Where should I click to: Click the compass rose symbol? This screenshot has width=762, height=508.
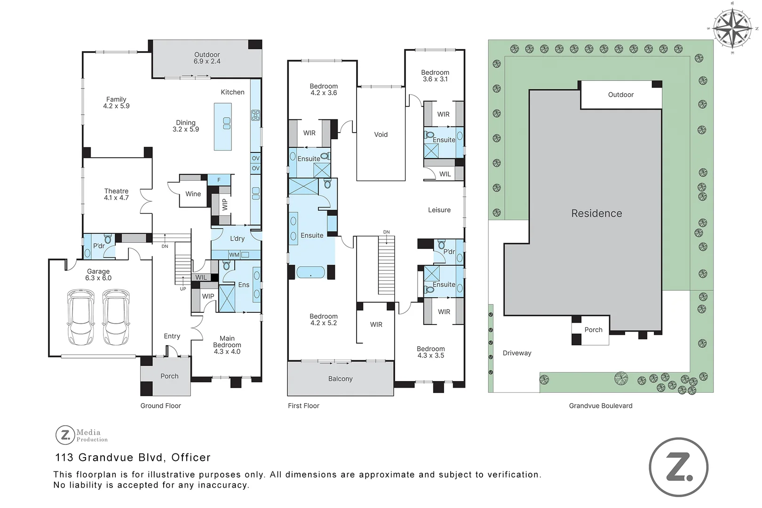(x=732, y=28)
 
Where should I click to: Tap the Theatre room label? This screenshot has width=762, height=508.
(x=116, y=191)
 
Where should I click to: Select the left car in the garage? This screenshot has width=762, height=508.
(x=81, y=317)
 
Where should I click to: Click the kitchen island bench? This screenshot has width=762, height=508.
(x=222, y=127)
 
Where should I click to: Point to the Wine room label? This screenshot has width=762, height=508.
(x=193, y=194)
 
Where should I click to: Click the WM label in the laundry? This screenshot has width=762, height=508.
(x=234, y=255)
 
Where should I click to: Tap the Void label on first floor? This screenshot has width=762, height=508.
(x=381, y=135)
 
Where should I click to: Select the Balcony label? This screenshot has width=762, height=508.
(x=340, y=379)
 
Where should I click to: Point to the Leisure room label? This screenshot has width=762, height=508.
(x=439, y=210)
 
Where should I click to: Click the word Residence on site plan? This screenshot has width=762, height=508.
(x=596, y=214)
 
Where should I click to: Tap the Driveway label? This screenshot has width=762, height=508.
(x=516, y=353)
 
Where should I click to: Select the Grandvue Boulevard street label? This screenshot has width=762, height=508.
(x=600, y=405)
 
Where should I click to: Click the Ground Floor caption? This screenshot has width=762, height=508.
(x=160, y=405)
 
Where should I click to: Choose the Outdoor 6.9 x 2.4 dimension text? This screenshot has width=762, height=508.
(x=207, y=61)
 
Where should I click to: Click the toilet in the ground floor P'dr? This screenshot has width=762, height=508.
(x=108, y=239)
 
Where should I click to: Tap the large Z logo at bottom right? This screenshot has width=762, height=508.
(x=678, y=467)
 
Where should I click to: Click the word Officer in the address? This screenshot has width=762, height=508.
(x=190, y=457)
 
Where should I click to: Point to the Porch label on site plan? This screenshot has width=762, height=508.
(x=593, y=330)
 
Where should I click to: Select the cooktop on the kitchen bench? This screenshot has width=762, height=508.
(x=255, y=115)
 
